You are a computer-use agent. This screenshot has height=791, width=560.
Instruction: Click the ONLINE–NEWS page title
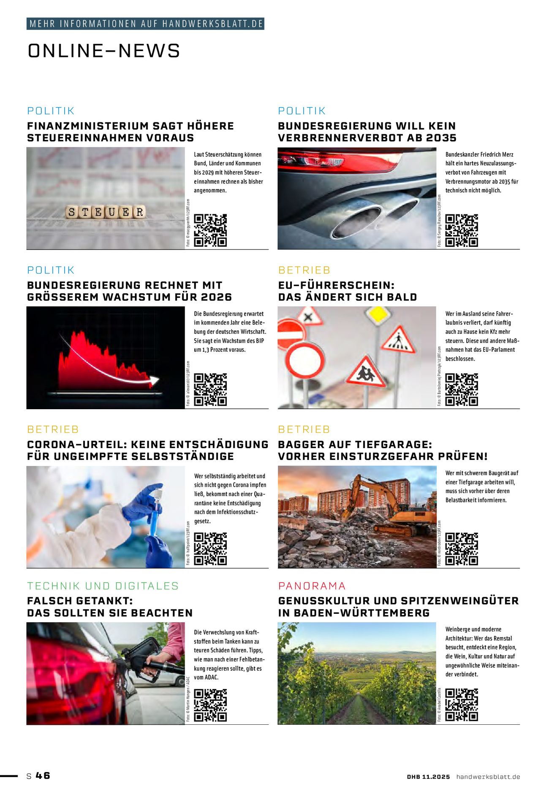(x=104, y=51)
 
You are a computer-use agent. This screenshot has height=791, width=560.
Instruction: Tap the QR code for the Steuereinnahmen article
(x=210, y=230)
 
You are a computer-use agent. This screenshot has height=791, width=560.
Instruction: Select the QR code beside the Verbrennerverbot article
(x=462, y=230)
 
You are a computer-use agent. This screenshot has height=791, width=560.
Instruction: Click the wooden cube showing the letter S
(x=71, y=212)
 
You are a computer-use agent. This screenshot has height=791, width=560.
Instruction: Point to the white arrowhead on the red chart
(x=155, y=381)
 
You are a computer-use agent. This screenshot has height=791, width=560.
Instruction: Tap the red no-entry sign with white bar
(x=291, y=334)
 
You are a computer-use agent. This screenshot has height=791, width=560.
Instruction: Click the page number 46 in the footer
(x=43, y=775)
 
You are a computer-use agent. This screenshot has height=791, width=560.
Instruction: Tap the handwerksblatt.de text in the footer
(x=488, y=777)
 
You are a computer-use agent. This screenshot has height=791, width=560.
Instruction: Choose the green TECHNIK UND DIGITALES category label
(x=103, y=586)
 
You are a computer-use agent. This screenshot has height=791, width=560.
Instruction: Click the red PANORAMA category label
(x=312, y=586)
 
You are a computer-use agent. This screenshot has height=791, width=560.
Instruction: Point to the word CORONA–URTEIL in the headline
(x=76, y=445)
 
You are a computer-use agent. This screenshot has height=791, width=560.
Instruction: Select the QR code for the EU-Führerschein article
(x=462, y=389)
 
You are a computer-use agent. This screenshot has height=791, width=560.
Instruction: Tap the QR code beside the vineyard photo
(x=462, y=705)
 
